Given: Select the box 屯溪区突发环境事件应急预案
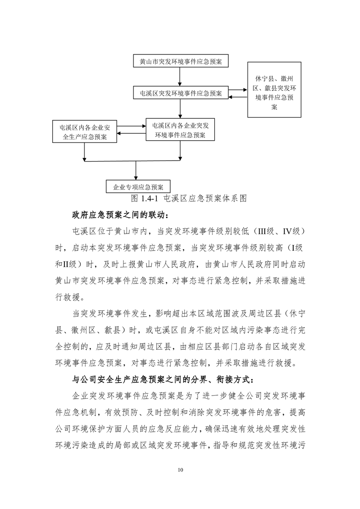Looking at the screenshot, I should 181,93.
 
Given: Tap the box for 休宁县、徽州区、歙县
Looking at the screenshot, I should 274,90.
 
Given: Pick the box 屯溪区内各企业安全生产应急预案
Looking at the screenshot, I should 84,132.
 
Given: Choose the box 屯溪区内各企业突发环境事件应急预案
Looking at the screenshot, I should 180,129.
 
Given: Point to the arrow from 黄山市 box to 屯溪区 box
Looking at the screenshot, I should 181,77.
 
